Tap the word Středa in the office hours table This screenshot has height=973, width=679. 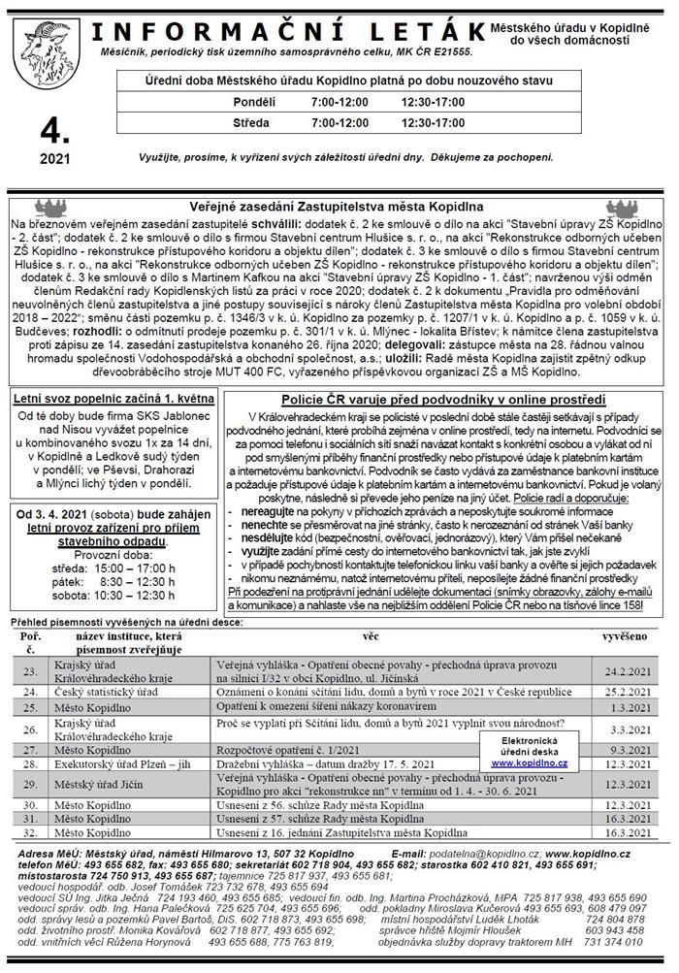pos(251,123)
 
